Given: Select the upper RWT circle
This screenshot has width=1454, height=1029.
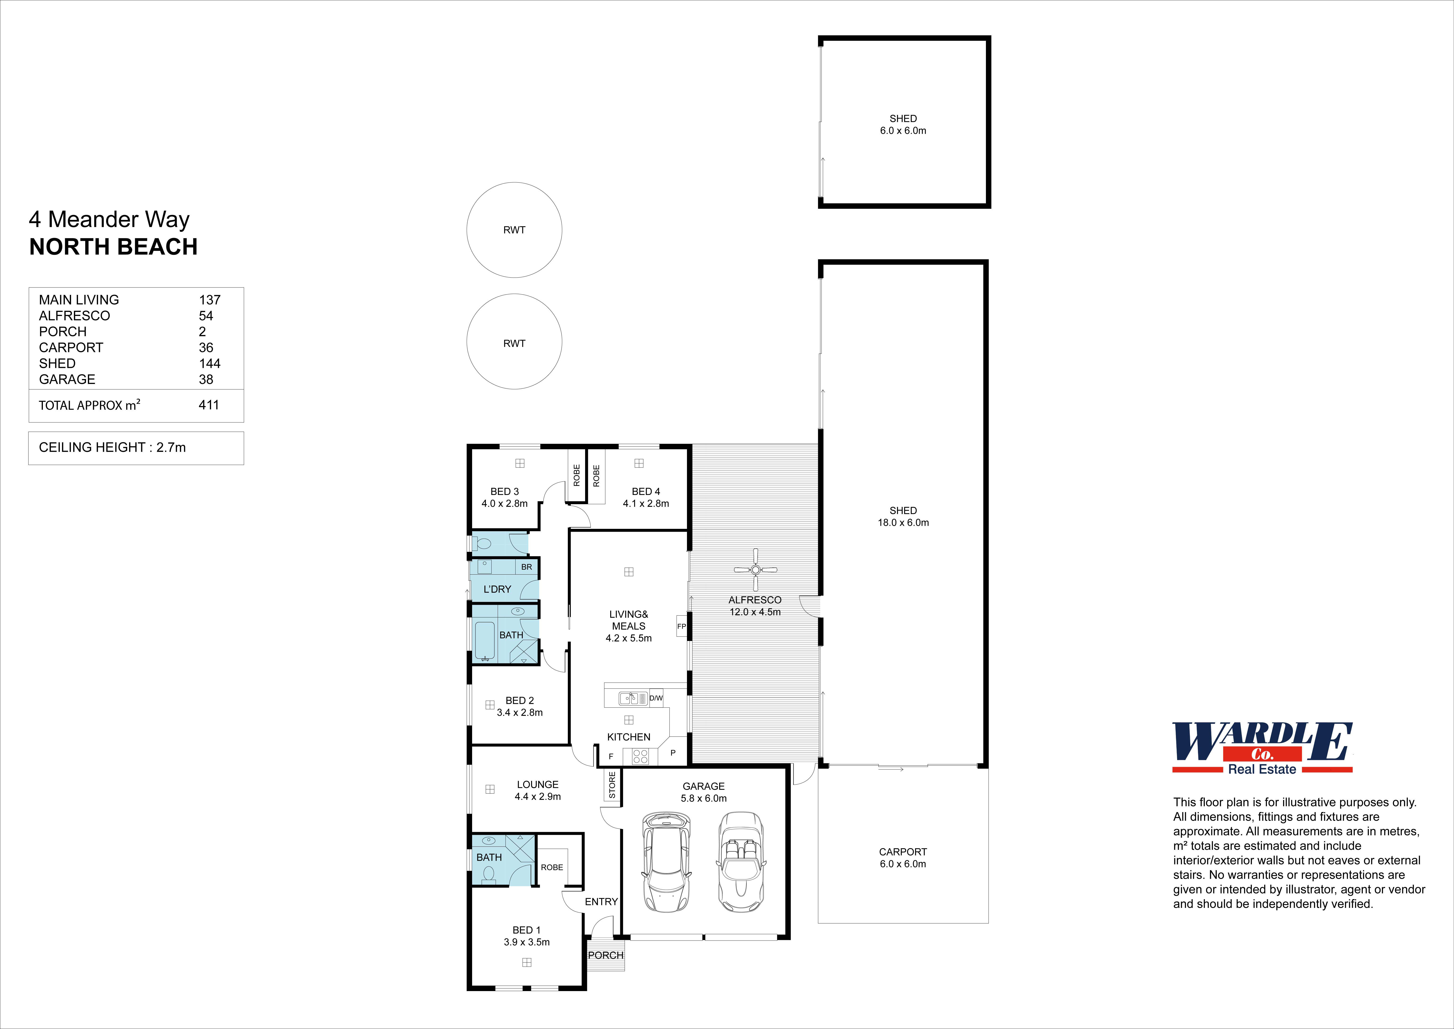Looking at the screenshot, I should click(514, 230).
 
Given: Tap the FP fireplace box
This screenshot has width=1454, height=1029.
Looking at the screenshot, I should click(682, 626).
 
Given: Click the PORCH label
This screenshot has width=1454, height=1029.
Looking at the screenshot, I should click(605, 955).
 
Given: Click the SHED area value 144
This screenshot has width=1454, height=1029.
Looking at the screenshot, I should click(210, 363).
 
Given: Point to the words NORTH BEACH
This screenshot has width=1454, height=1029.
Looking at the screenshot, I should click(113, 247).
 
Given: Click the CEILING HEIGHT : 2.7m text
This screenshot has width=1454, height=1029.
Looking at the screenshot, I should click(112, 447).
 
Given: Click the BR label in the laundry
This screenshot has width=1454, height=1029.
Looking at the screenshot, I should click(526, 567).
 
